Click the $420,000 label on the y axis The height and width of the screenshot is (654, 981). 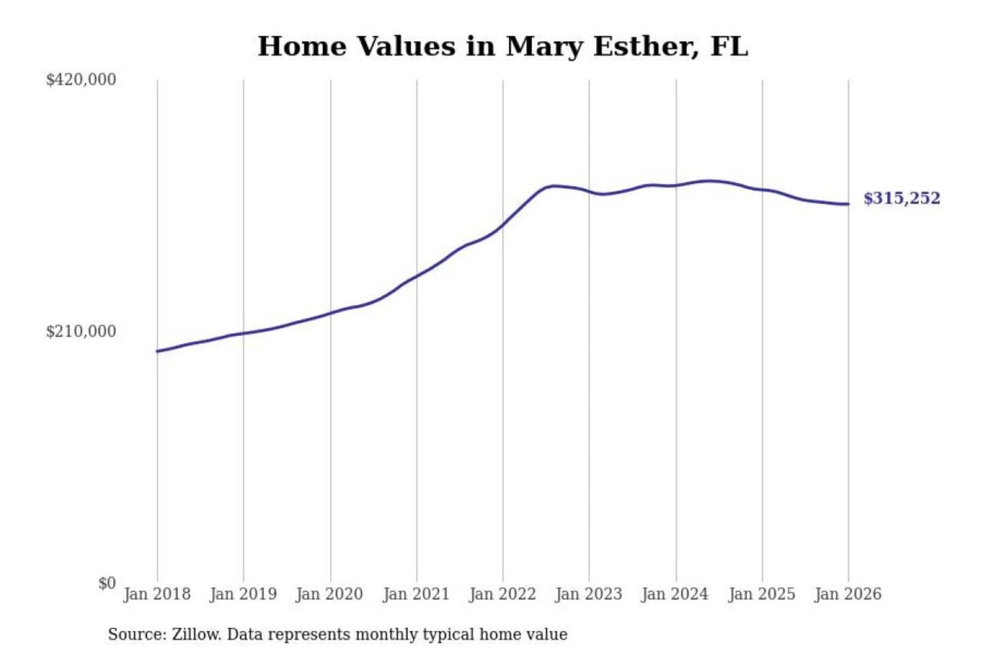click(x=80, y=80)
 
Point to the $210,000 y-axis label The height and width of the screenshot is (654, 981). click(x=80, y=332)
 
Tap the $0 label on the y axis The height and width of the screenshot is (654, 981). click(x=107, y=583)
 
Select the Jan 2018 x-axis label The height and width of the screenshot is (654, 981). click(x=157, y=594)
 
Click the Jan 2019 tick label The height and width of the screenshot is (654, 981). click(x=243, y=594)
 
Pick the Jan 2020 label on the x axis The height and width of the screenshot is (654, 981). click(x=330, y=594)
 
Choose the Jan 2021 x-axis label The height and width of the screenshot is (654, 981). click(x=416, y=594)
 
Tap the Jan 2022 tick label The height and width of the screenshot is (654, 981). click(x=503, y=594)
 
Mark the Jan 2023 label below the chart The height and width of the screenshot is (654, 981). click(x=589, y=594)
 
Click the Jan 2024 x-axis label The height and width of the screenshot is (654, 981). click(x=675, y=594)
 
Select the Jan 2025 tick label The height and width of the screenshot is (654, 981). click(x=762, y=594)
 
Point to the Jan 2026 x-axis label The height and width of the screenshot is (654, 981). click(x=848, y=594)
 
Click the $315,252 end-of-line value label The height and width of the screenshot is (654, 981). click(x=901, y=198)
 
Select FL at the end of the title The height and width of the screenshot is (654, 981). click(x=729, y=46)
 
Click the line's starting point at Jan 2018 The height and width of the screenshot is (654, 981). click(x=157, y=352)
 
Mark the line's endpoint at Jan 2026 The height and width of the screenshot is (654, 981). click(x=848, y=204)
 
